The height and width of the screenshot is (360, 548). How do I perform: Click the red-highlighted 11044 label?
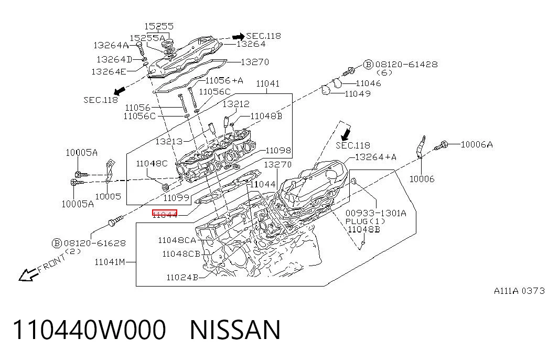(165, 214)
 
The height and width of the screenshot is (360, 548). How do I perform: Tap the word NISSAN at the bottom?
(235, 330)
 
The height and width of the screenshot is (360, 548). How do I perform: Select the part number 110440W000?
(89, 330)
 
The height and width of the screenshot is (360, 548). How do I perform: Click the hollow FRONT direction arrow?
(29, 274)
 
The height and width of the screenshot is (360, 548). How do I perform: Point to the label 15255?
(159, 26)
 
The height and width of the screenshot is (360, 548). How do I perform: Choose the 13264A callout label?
(111, 45)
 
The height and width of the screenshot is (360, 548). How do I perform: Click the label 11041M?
(110, 262)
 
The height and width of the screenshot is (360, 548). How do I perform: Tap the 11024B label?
(182, 278)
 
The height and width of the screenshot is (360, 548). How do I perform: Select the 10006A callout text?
(477, 144)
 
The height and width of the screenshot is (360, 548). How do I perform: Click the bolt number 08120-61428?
(406, 65)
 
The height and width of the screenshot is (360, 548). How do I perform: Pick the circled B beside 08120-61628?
(57, 243)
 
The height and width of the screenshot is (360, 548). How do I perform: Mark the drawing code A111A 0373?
(519, 291)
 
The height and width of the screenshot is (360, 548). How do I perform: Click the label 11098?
(278, 151)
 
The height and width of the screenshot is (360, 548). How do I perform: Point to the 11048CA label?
(177, 240)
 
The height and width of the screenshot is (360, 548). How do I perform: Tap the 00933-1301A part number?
(375, 213)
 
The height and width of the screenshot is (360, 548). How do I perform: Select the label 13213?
(169, 141)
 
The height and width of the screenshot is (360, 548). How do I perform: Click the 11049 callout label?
(358, 94)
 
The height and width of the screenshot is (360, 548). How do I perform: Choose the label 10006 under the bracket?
(422, 179)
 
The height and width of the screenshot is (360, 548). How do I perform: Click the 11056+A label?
(224, 80)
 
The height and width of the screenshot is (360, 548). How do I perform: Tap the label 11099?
(176, 198)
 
